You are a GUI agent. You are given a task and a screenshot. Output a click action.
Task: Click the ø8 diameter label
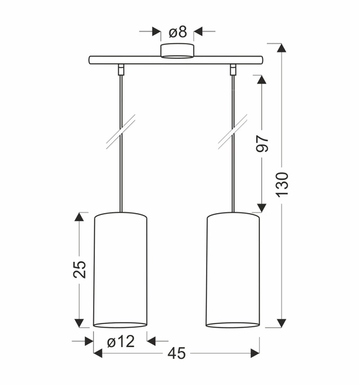tap(177, 31)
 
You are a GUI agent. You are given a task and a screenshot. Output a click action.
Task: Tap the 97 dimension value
tap(262, 144)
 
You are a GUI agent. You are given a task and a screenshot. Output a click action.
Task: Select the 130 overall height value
tap(282, 185)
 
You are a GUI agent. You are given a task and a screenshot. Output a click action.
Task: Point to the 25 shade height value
tap(79, 270)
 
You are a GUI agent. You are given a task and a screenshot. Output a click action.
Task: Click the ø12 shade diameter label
tap(121, 341)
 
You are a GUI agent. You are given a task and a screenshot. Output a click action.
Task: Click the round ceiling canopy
tap(177, 51)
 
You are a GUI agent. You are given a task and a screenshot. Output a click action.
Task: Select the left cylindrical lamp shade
tap(121, 269)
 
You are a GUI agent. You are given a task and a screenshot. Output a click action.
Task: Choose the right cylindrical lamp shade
tap(233, 269)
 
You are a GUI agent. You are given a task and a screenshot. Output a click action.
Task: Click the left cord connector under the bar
tap(121, 67)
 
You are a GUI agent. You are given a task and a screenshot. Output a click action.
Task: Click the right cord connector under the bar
tap(233, 67)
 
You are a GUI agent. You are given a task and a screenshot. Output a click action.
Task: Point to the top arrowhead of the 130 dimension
tap(280, 49)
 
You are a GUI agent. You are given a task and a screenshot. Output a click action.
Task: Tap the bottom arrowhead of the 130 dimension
tap(280, 323)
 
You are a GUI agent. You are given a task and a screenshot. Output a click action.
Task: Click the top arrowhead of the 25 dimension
tap(79, 217)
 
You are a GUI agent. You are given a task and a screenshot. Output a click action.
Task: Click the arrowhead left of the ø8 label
tap(157, 31)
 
